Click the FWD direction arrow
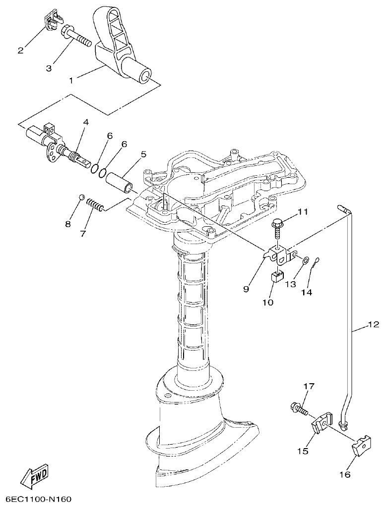[35, 476]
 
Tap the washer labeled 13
[306, 259]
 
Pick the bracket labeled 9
[278, 254]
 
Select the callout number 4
[86, 122]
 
